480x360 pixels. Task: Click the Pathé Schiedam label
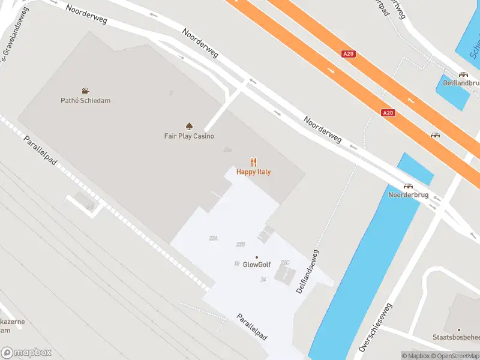[85, 100]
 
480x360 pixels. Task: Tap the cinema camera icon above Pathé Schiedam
[85, 91]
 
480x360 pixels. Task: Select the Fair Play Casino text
[189, 136]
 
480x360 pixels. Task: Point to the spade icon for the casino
[189, 126]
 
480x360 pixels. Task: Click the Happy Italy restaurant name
[253, 172]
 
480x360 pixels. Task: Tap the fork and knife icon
[253, 161]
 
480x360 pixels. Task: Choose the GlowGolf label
[257, 265]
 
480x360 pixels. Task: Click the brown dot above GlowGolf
[257, 257]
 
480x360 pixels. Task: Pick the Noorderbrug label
[408, 195]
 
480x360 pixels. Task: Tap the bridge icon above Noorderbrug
[408, 186]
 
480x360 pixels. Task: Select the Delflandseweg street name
[307, 272]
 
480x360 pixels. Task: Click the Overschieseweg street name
[373, 328]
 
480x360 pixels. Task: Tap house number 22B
[241, 244]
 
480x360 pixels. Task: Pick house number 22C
[286, 262]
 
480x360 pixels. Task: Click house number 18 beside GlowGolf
[236, 263]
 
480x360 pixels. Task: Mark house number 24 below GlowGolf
[263, 280]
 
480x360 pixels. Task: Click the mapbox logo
[25, 353]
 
